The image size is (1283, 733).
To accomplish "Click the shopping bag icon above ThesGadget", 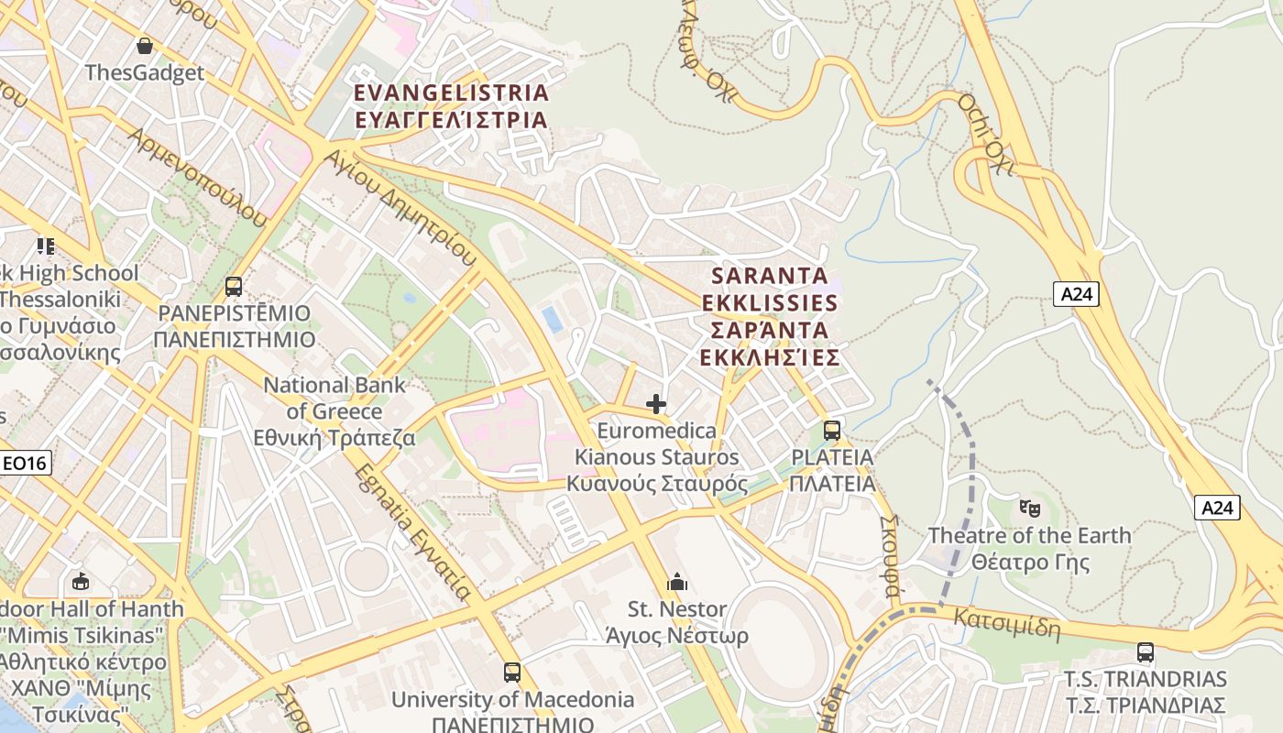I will click(144, 46).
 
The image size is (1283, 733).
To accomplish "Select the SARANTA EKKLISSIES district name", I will click(770, 315).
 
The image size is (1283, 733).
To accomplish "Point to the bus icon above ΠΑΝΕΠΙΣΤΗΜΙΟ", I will click(234, 286).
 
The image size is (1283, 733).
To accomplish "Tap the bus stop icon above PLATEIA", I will click(831, 430).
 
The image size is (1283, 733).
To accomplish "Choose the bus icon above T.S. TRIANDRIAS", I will click(1145, 652).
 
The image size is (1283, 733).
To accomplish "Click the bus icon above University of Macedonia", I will click(511, 672).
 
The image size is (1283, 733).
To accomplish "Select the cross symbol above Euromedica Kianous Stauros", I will click(655, 403).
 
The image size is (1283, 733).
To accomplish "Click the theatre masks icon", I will click(1029, 507).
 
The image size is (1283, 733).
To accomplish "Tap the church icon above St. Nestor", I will click(677, 582).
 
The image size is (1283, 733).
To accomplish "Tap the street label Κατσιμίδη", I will click(1007, 624).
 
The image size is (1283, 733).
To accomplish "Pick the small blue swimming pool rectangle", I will click(552, 319).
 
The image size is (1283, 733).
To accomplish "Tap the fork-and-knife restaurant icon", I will click(46, 246).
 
